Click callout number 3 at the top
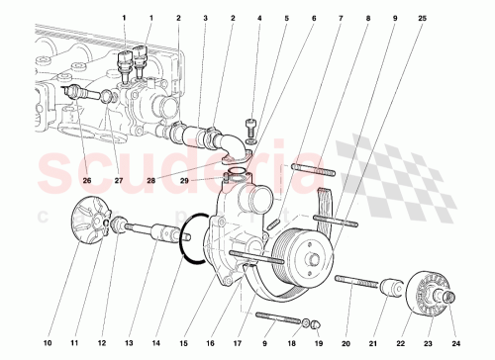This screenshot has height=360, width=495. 205,19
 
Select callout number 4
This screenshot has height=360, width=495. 259,19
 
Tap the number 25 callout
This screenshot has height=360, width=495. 423,19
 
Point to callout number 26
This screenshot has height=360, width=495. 85,180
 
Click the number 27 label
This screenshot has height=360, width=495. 118,180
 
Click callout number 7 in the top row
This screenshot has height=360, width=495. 341,19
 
